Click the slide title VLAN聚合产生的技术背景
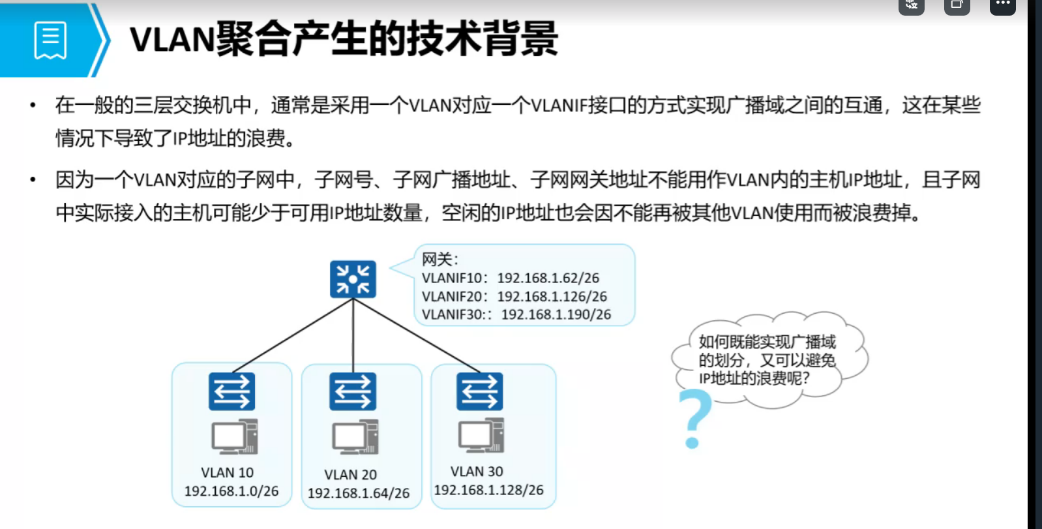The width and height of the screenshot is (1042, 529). [344, 38]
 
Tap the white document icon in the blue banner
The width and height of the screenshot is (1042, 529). [50, 40]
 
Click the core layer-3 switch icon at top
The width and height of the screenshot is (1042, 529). [353, 279]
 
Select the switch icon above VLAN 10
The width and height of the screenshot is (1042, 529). [231, 391]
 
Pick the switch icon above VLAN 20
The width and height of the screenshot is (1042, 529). [353, 391]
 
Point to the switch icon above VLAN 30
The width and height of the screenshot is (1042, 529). [479, 391]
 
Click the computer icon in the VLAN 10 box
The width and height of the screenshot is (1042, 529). [234, 436]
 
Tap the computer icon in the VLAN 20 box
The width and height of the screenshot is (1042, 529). [355, 437]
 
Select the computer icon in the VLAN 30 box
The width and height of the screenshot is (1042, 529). [481, 435]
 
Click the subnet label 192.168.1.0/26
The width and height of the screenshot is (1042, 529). [231, 491]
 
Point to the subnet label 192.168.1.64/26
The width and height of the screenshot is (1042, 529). [359, 493]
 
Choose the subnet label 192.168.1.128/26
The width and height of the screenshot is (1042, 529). [488, 490]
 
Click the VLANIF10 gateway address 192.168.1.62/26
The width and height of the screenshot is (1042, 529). [548, 278]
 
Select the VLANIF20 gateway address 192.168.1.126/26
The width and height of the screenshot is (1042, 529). [552, 296]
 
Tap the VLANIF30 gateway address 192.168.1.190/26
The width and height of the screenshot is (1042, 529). [556, 314]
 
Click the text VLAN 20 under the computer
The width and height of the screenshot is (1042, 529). [351, 475]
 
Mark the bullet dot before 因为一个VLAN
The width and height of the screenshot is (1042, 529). [33, 179]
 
